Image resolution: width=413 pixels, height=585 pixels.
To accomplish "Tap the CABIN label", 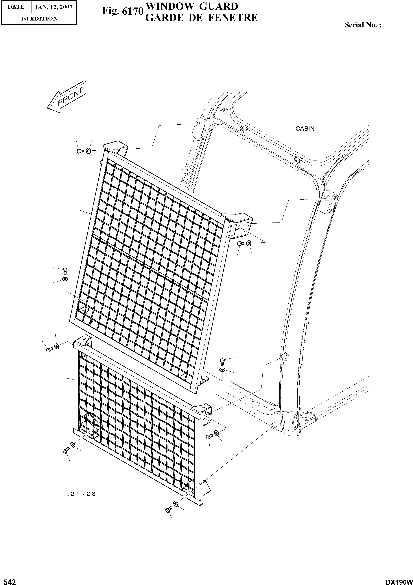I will tap(305, 129).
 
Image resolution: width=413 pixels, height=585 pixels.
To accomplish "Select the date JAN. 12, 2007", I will tap(54, 7).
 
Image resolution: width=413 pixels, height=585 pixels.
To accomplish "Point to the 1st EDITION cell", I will tap(39, 19).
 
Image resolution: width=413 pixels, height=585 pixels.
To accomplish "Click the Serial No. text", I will tap(362, 25).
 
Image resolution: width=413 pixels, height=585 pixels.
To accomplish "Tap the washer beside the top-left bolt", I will tap(88, 151).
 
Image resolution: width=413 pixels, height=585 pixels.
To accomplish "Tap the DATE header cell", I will tap(16, 7).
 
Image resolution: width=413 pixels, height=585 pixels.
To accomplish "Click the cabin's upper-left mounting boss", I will tap(198, 124).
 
